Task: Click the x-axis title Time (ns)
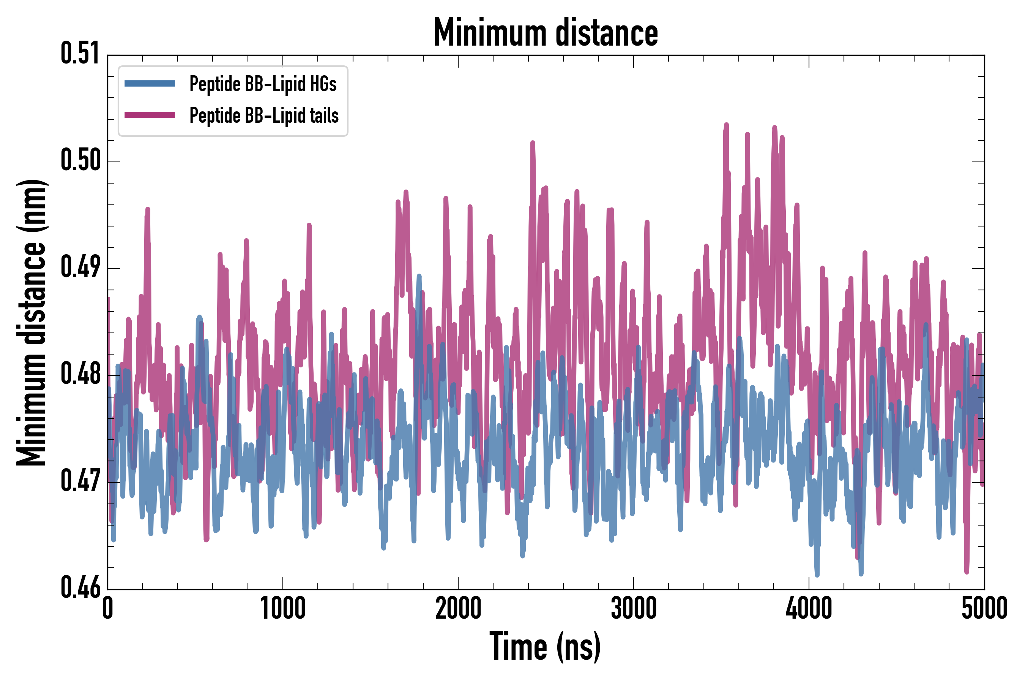545,646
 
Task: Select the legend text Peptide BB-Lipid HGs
263,84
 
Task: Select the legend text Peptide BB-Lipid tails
264,116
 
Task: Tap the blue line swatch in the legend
150,84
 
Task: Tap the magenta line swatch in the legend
150,115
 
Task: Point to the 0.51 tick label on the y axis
80,54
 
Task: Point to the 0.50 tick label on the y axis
80,160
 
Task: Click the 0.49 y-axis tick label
80,267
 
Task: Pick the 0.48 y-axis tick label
80,374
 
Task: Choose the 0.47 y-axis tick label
80,481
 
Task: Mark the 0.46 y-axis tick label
80,587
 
